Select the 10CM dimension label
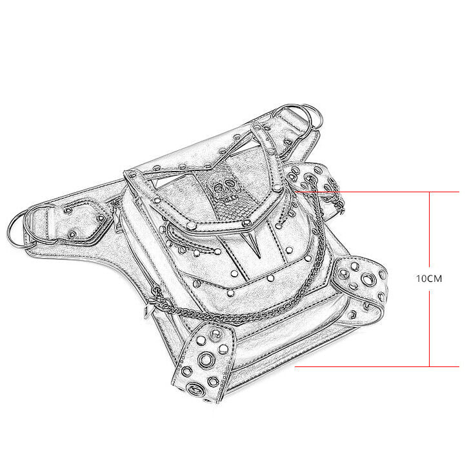(x=429, y=279)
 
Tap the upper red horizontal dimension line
(x=376, y=192)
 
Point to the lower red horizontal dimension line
(x=377, y=366)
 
